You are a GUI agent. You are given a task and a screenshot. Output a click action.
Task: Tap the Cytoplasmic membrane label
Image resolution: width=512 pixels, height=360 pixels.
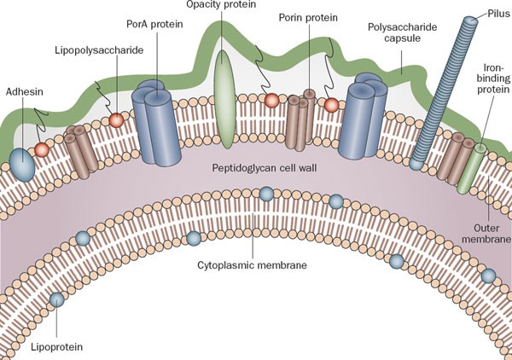(x=253, y=264)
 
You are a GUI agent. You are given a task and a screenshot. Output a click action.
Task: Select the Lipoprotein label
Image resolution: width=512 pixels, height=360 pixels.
(x=54, y=345)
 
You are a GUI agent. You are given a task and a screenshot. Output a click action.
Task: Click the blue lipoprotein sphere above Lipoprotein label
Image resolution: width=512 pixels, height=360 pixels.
(x=56, y=299)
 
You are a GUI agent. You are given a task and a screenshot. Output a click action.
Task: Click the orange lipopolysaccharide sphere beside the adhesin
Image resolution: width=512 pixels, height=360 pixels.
(x=41, y=149)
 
